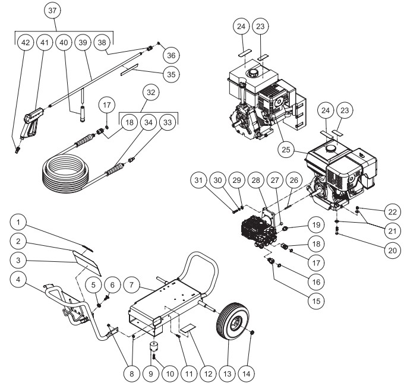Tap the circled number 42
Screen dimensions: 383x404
pos(25,43)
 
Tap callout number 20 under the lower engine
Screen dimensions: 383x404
pos(390,251)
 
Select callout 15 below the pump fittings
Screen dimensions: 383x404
pos(315,300)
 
